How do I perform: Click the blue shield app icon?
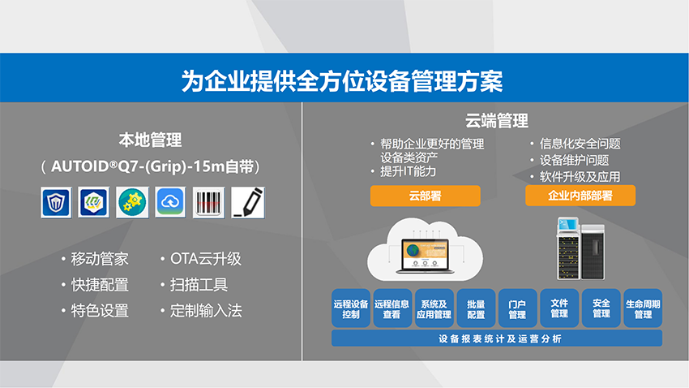[x=56, y=202]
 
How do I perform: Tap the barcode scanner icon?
[x=208, y=202]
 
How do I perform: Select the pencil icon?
[x=248, y=202]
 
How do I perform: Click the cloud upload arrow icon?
[x=170, y=202]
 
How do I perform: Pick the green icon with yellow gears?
[x=132, y=202]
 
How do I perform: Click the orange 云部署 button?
[x=425, y=196]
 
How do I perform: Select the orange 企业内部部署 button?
[x=580, y=196]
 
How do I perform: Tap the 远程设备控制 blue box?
[x=351, y=308]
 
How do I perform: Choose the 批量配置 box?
[x=476, y=308]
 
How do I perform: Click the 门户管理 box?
[x=518, y=308]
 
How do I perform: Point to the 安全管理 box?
[x=601, y=308]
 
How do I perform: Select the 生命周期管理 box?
[x=643, y=308]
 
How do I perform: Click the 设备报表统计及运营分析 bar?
[x=497, y=338]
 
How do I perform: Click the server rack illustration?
[x=581, y=248]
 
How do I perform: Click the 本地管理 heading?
[x=150, y=140]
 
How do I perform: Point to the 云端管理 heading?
[x=497, y=120]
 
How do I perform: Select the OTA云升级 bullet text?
[x=206, y=259]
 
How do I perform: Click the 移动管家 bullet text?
[x=100, y=259]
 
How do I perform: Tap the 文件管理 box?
[x=559, y=308]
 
